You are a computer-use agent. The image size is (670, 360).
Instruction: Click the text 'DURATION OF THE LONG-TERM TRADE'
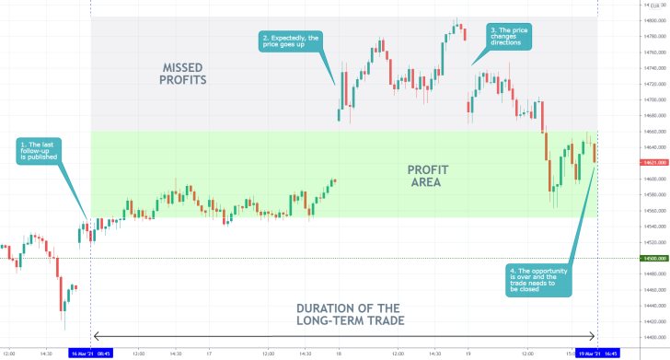pos(342,314)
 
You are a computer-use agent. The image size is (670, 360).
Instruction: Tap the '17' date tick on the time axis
pos(210,353)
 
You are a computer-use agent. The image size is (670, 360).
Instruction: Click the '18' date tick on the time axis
pos(338,353)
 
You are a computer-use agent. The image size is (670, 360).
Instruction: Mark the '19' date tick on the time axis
pos(468,353)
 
